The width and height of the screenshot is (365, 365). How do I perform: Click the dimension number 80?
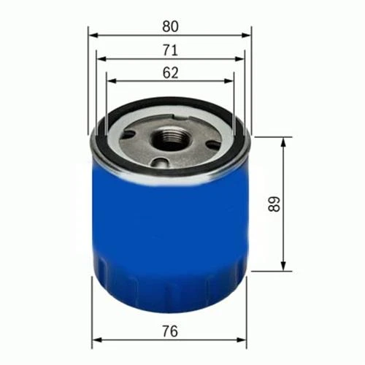pyautogui.click(x=170, y=26)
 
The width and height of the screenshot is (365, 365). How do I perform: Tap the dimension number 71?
pyautogui.click(x=170, y=50)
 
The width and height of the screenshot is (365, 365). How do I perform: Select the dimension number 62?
pyautogui.click(x=170, y=72)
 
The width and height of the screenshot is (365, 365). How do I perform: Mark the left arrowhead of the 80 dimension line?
pyautogui.click(x=92, y=34)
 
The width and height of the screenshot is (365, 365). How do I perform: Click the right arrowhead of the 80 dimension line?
pyautogui.click(x=247, y=34)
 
